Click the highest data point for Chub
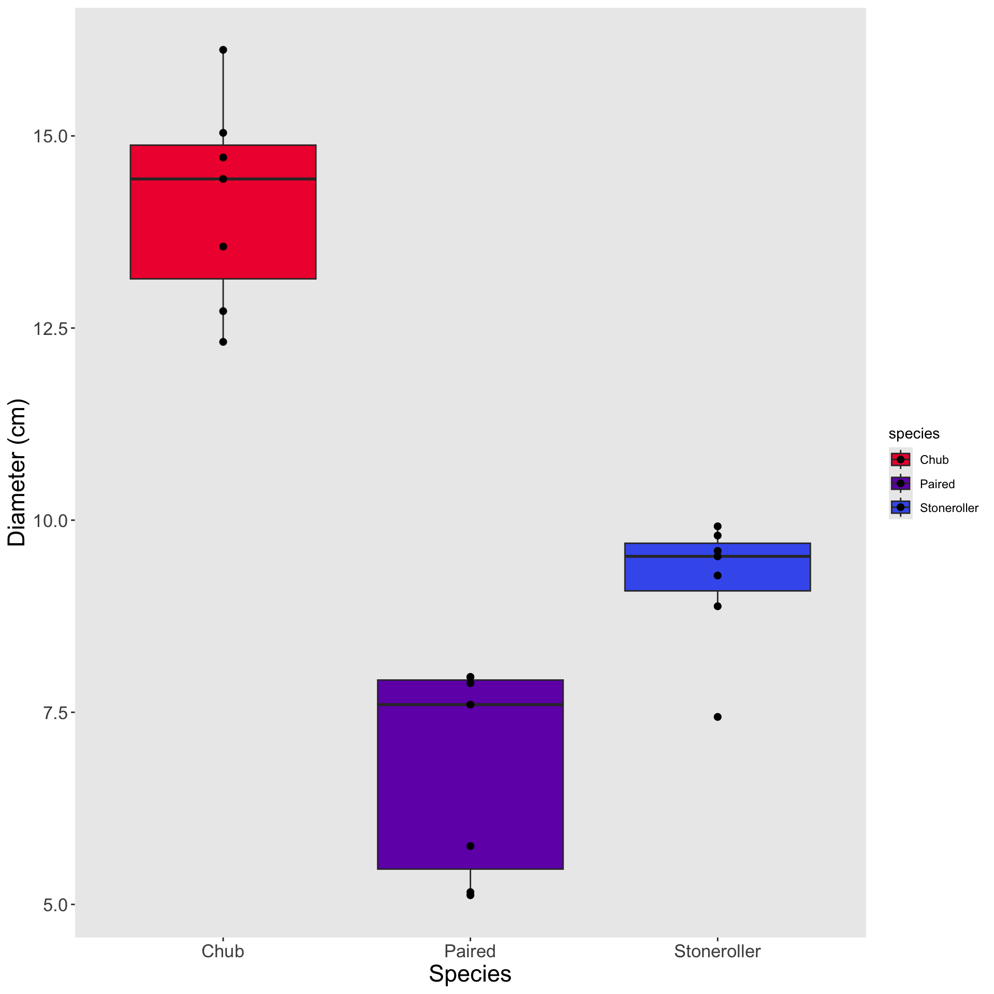(x=223, y=50)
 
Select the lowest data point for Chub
(x=223, y=342)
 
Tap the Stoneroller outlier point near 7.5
(x=718, y=717)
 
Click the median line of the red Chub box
(x=269, y=179)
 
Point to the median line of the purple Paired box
(x=518, y=705)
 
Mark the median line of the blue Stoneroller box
(x=761, y=556)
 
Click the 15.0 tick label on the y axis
(x=50, y=137)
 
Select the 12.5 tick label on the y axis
(x=50, y=328)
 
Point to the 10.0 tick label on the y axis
(x=50, y=520)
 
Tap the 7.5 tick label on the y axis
(x=54, y=712)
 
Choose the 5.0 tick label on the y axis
(x=54, y=904)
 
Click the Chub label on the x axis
(x=223, y=952)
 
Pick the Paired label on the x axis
(x=470, y=952)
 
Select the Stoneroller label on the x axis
(x=718, y=952)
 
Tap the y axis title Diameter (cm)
(x=17, y=472)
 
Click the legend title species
(x=914, y=433)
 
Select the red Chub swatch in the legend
(x=901, y=459)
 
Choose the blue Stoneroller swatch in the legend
(x=901, y=507)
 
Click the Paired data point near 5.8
(x=470, y=846)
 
